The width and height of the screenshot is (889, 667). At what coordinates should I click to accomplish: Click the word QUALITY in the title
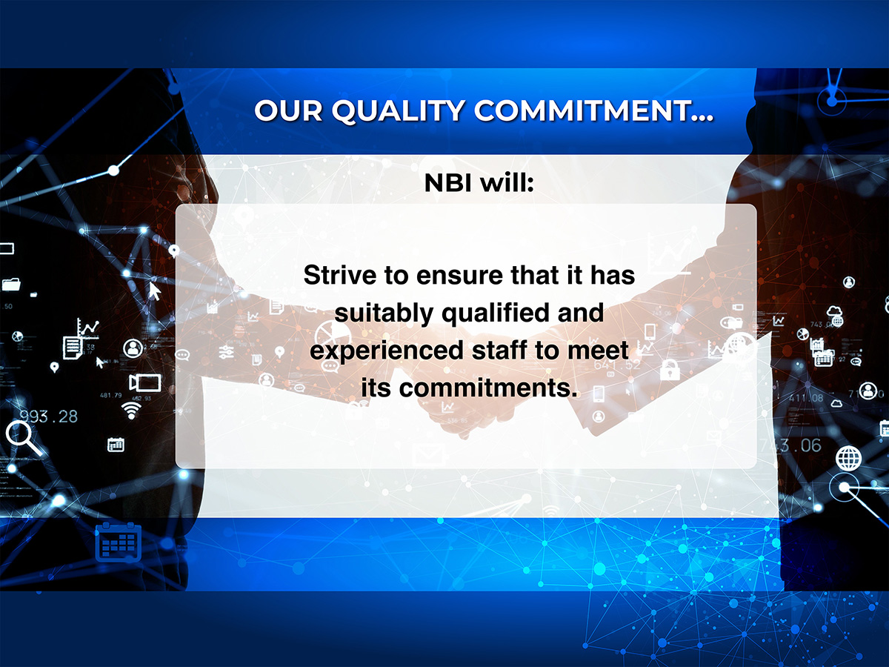[x=399, y=110]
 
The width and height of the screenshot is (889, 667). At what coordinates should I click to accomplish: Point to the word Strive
[x=340, y=275]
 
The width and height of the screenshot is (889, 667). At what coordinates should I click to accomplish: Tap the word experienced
[x=387, y=351]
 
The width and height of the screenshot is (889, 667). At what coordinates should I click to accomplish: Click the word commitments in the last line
[x=488, y=388]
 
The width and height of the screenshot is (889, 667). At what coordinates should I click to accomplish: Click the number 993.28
[x=49, y=417]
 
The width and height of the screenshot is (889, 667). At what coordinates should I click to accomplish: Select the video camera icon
[x=144, y=382]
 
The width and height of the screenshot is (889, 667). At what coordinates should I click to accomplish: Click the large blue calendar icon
[x=118, y=542]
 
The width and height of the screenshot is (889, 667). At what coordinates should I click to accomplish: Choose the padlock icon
[x=670, y=369]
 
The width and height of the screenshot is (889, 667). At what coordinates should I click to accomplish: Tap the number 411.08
[x=806, y=399]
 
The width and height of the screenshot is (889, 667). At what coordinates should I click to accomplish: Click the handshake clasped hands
[x=462, y=409]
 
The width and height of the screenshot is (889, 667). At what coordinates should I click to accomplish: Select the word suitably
[x=384, y=313]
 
